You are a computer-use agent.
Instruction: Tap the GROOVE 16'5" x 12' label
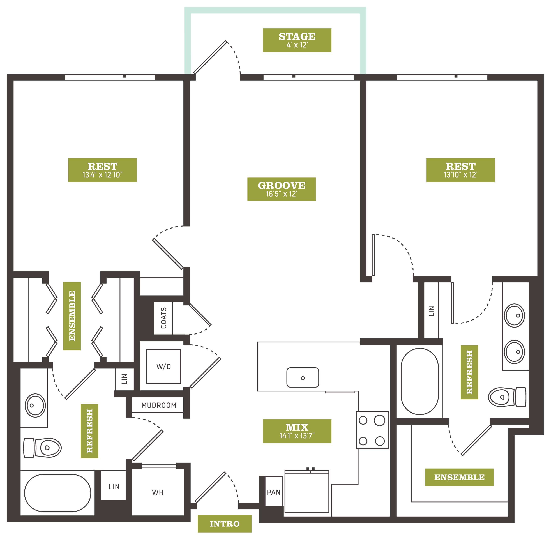(x=282, y=189)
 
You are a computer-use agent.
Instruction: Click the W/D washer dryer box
(x=163, y=367)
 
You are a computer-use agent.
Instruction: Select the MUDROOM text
(x=159, y=405)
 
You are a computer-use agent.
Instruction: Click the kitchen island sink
(x=303, y=377)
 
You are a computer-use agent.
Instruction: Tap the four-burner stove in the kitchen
(x=372, y=430)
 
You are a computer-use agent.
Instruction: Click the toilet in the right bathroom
(x=507, y=397)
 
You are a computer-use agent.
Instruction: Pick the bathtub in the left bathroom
(x=58, y=493)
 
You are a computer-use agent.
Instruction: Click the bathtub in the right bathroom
(x=420, y=381)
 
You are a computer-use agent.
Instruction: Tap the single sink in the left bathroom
(x=35, y=405)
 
